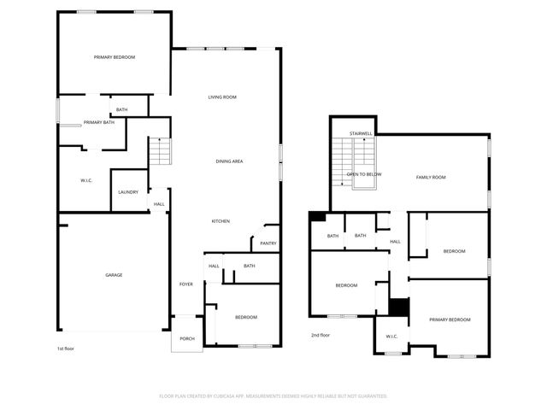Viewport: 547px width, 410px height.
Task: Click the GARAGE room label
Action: click(x=114, y=275)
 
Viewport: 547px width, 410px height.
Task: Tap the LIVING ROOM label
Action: click(x=222, y=97)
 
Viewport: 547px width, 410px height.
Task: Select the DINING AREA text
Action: click(x=229, y=161)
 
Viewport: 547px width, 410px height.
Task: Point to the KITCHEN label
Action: click(x=221, y=221)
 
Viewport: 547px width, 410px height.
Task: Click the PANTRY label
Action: click(x=268, y=243)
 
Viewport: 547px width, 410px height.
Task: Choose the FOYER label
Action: click(x=185, y=284)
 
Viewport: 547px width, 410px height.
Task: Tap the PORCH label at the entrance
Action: click(x=187, y=338)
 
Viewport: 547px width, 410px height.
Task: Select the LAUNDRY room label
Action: click(x=128, y=192)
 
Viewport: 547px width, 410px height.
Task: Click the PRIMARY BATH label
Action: click(x=98, y=123)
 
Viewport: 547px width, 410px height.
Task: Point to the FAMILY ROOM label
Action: click(x=431, y=178)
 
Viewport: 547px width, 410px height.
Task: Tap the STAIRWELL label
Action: click(x=362, y=134)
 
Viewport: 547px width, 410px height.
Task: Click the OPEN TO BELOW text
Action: click(x=363, y=174)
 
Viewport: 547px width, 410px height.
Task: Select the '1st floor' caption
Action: click(x=66, y=348)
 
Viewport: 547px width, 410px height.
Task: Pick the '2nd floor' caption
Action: click(x=321, y=335)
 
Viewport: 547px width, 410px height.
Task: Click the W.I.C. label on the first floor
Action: click(x=86, y=180)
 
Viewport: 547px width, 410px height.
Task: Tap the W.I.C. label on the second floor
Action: click(x=391, y=337)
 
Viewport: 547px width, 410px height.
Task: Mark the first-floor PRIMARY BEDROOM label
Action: click(x=115, y=57)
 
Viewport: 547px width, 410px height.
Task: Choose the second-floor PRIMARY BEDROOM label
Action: click(x=450, y=319)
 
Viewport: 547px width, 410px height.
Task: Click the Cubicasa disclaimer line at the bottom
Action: click(x=273, y=396)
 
